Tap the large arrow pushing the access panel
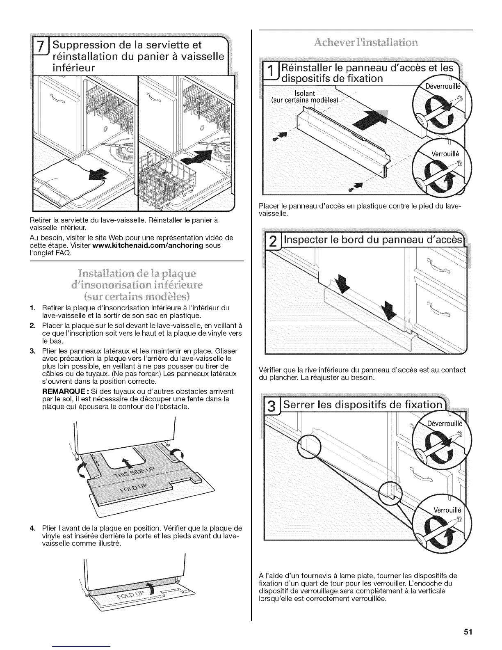pyautogui.click(x=367, y=124)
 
